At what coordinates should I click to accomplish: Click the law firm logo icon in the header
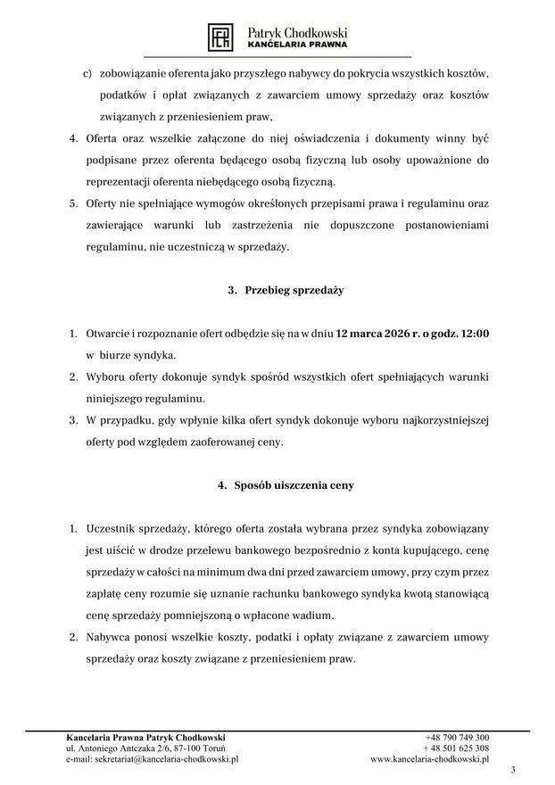220,37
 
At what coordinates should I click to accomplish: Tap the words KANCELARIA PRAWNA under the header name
297,44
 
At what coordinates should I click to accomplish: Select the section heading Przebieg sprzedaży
286,291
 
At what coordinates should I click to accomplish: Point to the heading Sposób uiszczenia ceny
286,485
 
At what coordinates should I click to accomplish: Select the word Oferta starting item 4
101,139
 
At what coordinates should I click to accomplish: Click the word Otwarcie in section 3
107,334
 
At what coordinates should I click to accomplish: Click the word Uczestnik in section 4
112,529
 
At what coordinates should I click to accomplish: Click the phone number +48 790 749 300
458,738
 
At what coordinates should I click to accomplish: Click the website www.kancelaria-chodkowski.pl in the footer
429,759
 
